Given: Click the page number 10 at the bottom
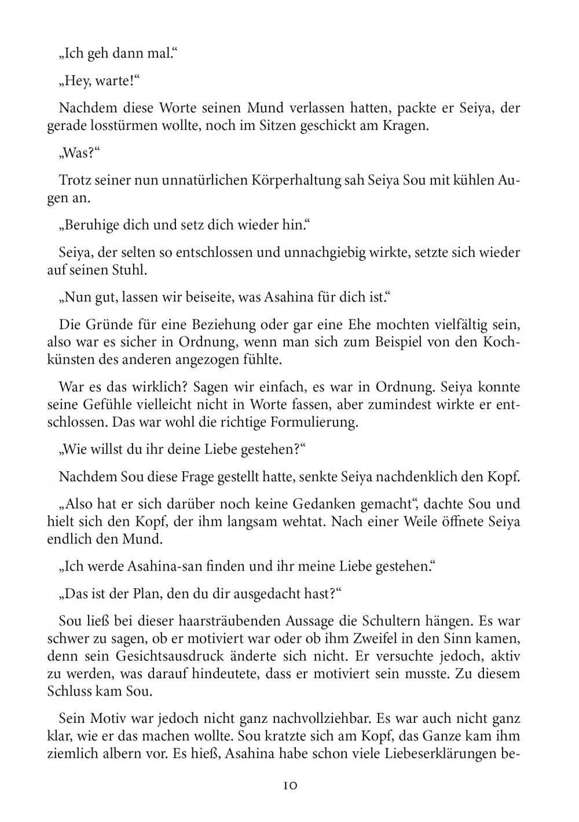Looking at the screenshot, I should click(289, 786).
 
